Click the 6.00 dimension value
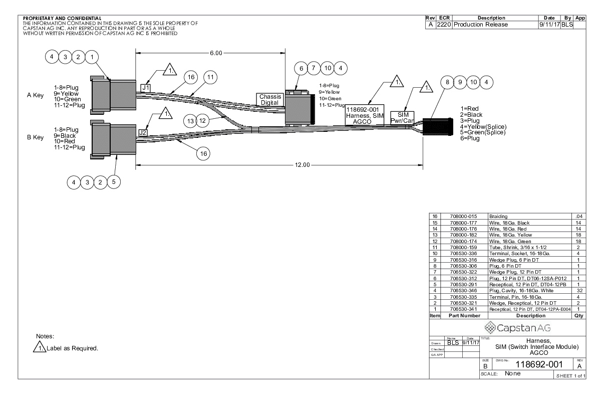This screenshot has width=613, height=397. point(216,52)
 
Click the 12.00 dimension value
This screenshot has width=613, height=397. point(302,165)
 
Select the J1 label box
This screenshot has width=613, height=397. point(145,87)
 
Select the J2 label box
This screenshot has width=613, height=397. point(142,132)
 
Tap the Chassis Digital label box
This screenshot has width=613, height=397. point(271,99)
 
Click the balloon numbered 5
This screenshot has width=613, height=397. point(115,181)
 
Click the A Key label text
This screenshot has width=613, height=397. point(35,95)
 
